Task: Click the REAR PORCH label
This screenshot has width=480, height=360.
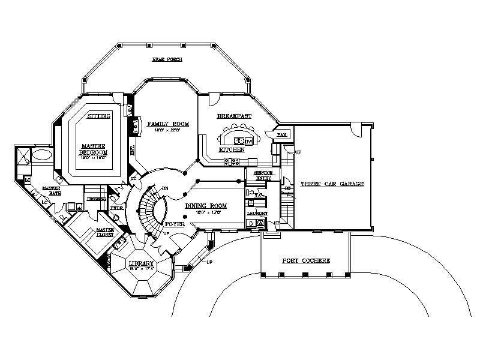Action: [x=166, y=60]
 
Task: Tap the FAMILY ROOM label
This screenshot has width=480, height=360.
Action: [x=168, y=124]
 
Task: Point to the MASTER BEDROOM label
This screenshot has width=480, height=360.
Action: [x=94, y=149]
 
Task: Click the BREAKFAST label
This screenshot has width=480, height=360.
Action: [x=234, y=115]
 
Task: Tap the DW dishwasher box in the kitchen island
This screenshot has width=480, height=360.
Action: [x=247, y=140]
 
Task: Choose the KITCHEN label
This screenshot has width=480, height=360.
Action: [x=231, y=149]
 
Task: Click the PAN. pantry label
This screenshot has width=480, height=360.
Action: [x=282, y=134]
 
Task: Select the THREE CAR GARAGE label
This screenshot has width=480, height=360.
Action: [x=332, y=184]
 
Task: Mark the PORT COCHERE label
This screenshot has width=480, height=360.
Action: [x=306, y=260]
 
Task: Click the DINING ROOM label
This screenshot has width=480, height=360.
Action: [x=205, y=205]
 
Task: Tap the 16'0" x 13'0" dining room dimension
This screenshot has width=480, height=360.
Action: [x=206, y=212]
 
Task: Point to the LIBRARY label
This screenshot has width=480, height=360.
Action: [x=141, y=263]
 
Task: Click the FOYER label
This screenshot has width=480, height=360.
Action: [x=173, y=223]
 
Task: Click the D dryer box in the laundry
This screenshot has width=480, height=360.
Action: [x=251, y=223]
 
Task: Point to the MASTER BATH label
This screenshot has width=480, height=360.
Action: [x=50, y=191]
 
